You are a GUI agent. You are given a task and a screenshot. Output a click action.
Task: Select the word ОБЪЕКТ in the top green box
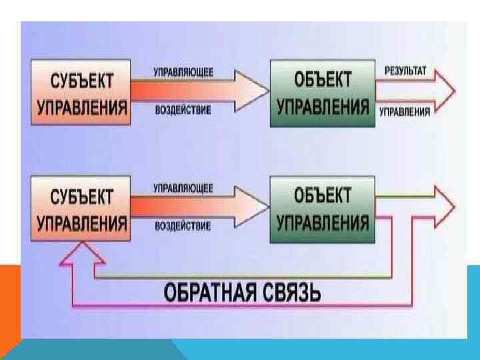[323, 80]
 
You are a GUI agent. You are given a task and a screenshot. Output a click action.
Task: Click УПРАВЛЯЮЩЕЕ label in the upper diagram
[184, 73]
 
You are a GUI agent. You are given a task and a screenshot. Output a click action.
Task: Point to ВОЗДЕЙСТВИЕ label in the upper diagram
[183, 109]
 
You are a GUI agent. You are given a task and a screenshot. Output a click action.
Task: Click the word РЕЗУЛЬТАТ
[407, 70]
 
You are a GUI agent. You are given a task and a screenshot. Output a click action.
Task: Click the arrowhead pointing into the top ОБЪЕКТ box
[250, 91]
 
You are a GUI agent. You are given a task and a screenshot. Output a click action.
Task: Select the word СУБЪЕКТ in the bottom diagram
[82, 197]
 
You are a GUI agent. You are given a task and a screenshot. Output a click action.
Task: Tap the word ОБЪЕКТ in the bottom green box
[323, 196]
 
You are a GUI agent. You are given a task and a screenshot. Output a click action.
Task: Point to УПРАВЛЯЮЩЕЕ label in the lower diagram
[183, 189]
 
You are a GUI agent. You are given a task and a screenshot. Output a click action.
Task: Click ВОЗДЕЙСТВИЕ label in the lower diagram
[183, 225]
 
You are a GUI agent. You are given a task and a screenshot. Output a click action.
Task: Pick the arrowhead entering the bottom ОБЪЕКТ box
[250, 207]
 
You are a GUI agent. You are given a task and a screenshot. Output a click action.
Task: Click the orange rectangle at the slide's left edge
[9, 300]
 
